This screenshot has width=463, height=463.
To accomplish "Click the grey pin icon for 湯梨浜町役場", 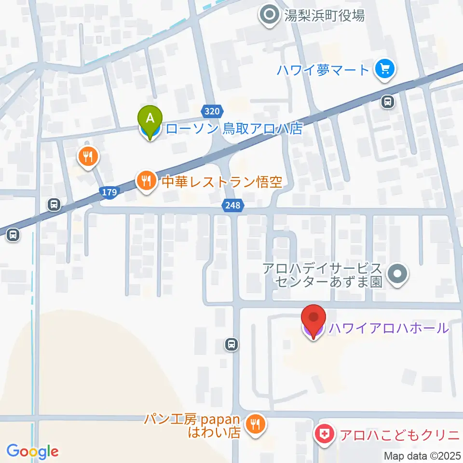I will pos(269,15).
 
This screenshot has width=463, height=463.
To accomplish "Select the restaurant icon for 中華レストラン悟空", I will pos(146,181).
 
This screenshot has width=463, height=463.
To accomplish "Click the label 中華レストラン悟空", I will pos(221,182).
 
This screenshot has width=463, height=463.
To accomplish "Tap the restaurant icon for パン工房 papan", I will pos(254,424).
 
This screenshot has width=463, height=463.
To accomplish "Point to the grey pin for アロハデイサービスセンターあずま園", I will pos(397,275).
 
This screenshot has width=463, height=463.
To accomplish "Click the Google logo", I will pos(32,451).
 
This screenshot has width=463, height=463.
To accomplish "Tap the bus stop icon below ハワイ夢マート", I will pos(387,102).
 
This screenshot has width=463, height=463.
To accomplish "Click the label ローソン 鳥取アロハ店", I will pos(233,129).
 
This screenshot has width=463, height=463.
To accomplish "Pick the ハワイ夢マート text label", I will pos(323,70).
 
